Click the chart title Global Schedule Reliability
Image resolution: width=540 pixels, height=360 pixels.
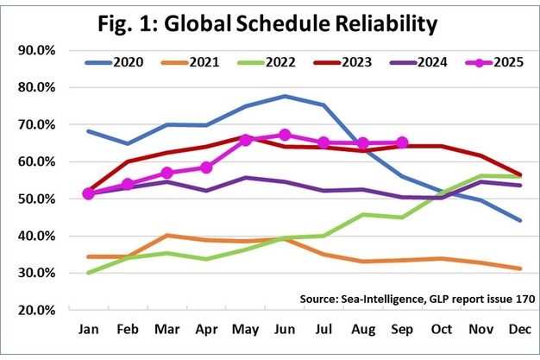(x=270, y=25)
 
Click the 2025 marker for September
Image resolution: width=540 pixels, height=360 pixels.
(x=402, y=142)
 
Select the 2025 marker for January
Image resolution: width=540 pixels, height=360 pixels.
(x=89, y=193)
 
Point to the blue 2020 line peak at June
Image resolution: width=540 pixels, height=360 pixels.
(x=285, y=96)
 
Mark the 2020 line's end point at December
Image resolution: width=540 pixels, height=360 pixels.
(x=519, y=220)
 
